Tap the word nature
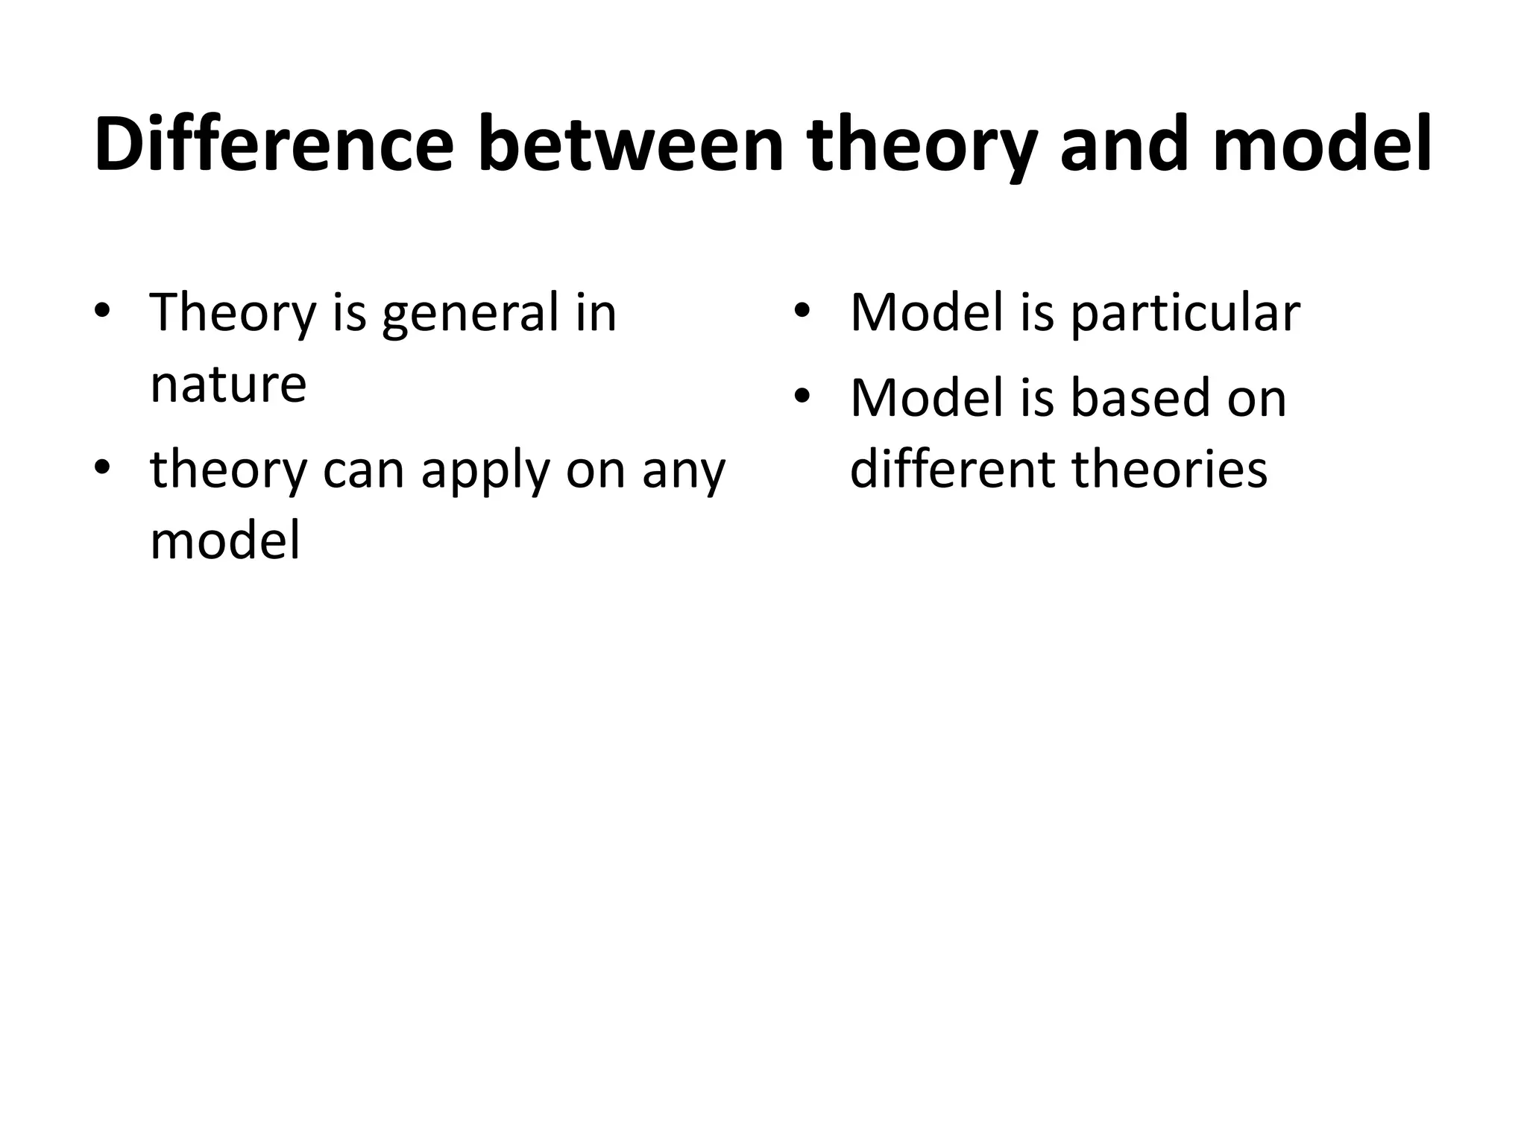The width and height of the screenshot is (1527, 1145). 228,385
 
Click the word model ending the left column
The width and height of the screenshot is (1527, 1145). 225,540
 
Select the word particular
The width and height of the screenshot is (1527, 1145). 1186,314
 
